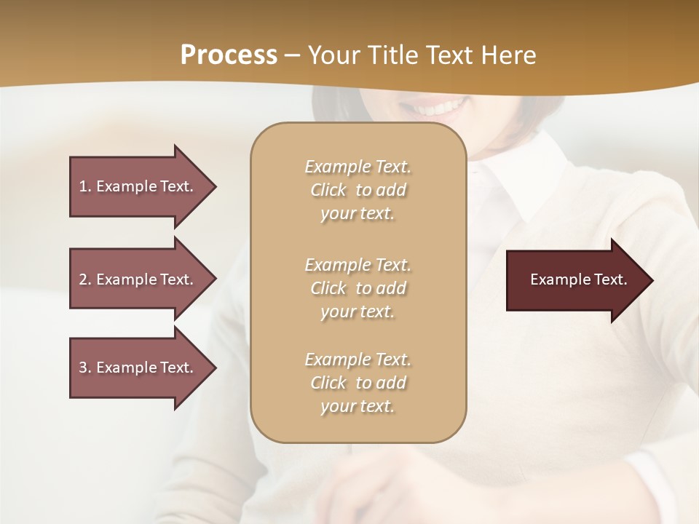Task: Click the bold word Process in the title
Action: [x=229, y=55]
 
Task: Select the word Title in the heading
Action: [x=394, y=55]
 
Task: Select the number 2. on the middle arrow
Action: [x=85, y=279]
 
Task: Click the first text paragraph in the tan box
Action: [x=358, y=190]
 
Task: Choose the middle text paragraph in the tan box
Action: [x=358, y=288]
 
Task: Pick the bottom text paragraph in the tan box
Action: [x=358, y=383]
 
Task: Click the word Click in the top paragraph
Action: [x=328, y=190]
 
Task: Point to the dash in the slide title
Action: [x=292, y=55]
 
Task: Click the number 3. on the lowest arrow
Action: [x=85, y=368]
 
